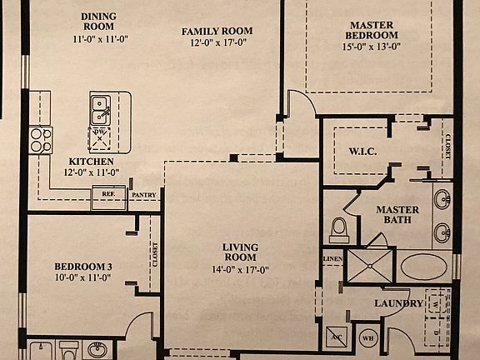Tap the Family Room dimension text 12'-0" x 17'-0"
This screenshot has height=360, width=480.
tap(217, 45)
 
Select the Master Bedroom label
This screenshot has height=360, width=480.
tap(372, 30)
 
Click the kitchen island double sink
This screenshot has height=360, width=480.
tap(101, 108)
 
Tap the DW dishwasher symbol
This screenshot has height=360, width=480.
tap(101, 137)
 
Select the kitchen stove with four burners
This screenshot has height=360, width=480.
tap(40, 139)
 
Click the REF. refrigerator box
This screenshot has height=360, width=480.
tap(108, 194)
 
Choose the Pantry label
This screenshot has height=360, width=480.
tap(143, 195)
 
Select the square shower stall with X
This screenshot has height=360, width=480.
tap(368, 265)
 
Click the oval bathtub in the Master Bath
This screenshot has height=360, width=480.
tap(424, 267)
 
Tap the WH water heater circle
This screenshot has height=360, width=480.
tap(368, 338)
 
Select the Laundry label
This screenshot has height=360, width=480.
tap(398, 303)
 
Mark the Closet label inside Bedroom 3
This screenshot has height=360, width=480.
tap(156, 254)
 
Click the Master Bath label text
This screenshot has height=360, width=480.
tap(397, 215)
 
